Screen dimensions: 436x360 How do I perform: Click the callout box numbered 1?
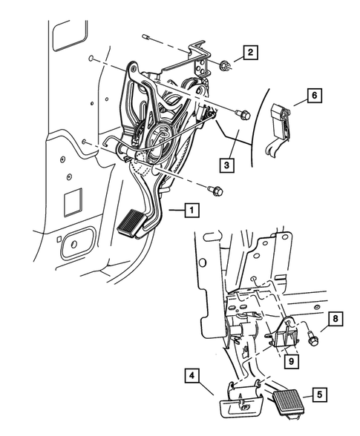click(x=192, y=211)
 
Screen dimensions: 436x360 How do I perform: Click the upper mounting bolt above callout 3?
click(x=241, y=113)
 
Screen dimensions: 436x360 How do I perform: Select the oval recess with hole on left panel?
click(x=77, y=244)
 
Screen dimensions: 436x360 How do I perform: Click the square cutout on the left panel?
click(x=75, y=201)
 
